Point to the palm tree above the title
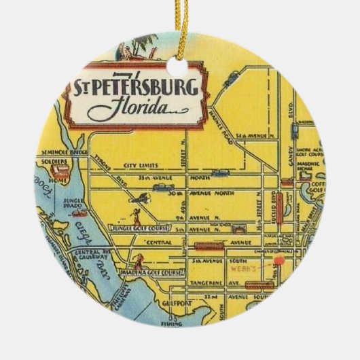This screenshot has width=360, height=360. (127, 50)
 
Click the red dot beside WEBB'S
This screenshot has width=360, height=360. (278, 259)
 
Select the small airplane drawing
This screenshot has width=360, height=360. (141, 197)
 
